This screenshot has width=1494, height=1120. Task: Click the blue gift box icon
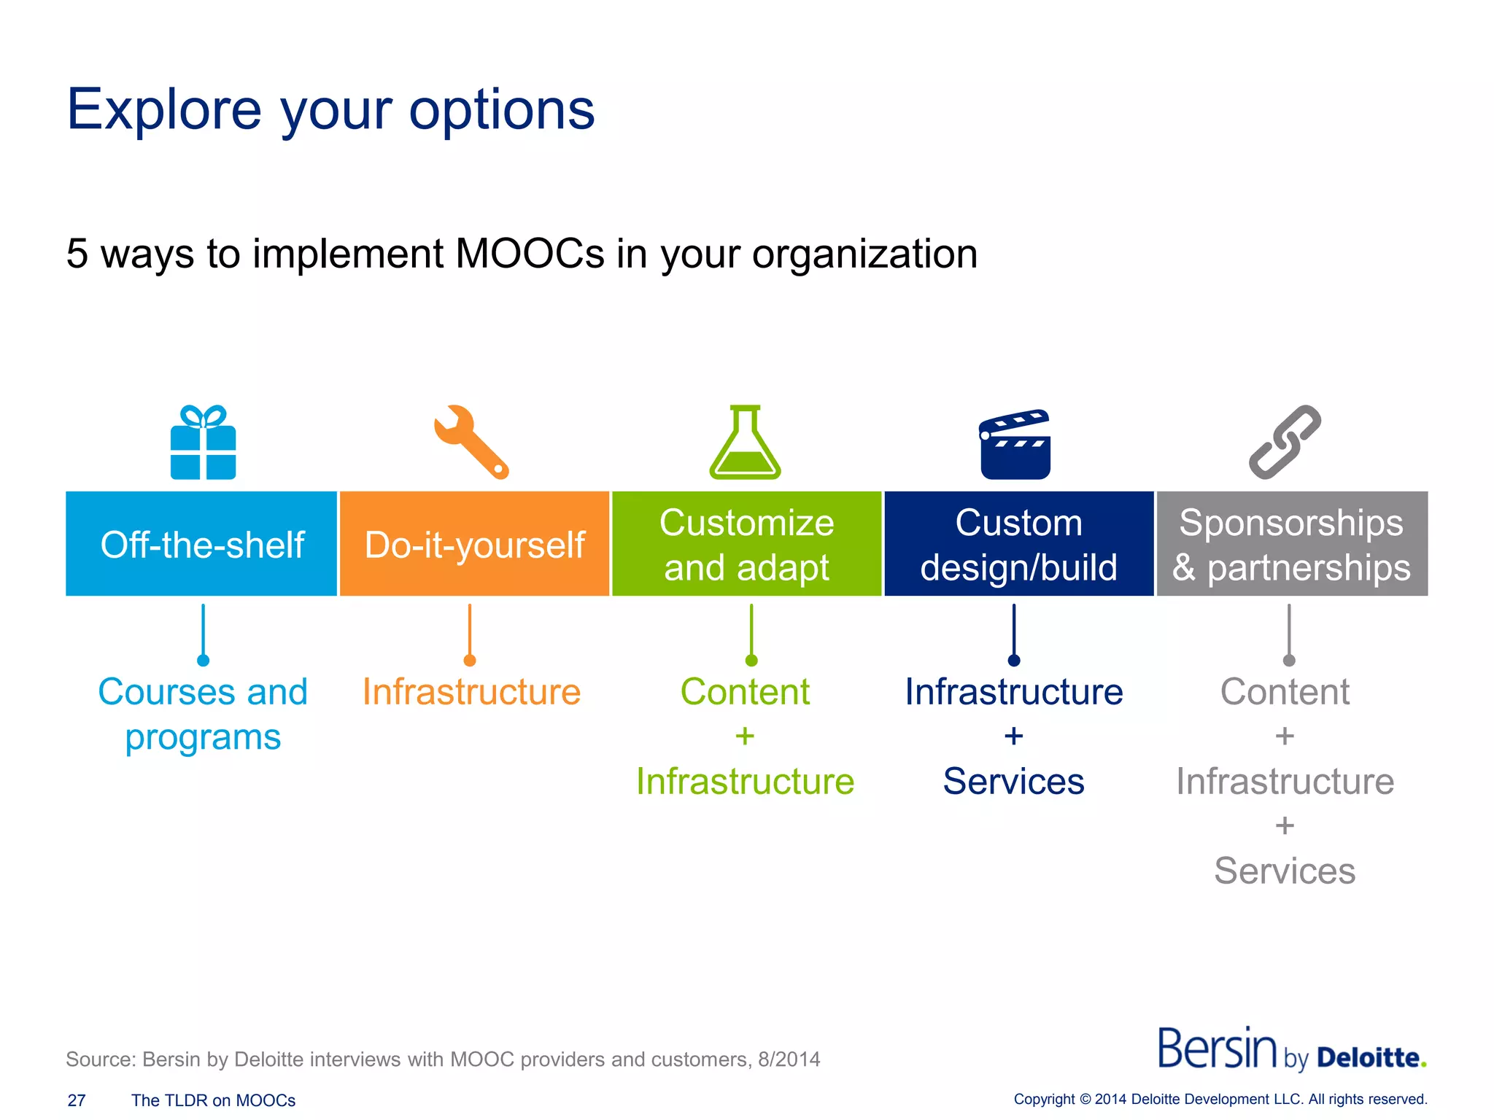tap(203, 443)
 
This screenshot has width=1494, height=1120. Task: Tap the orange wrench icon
tap(471, 442)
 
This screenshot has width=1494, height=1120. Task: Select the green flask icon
tap(745, 445)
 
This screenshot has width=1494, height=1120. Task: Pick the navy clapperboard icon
tap(1015, 445)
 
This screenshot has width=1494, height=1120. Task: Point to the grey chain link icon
tap(1285, 442)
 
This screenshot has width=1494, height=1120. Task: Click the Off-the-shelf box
tap(201, 544)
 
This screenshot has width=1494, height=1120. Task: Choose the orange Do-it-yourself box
tap(474, 544)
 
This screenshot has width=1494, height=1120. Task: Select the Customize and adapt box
tap(746, 544)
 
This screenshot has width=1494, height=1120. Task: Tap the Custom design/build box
tap(1018, 544)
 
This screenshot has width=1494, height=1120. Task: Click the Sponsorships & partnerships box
tap(1291, 544)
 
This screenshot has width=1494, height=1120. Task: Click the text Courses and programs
tap(203, 713)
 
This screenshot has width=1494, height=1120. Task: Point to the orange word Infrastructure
tap(471, 691)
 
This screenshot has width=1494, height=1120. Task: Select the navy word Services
tap(1013, 781)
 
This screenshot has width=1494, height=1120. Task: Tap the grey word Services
tap(1285, 871)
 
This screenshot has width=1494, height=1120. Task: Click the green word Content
tap(745, 691)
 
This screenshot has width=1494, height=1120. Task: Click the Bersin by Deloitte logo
tap(1291, 1050)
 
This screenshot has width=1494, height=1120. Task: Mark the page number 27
tap(77, 1100)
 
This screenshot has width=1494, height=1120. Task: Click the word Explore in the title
tap(164, 109)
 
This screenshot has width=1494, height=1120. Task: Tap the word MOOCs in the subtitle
tap(530, 254)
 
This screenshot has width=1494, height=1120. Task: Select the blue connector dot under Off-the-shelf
tap(204, 661)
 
